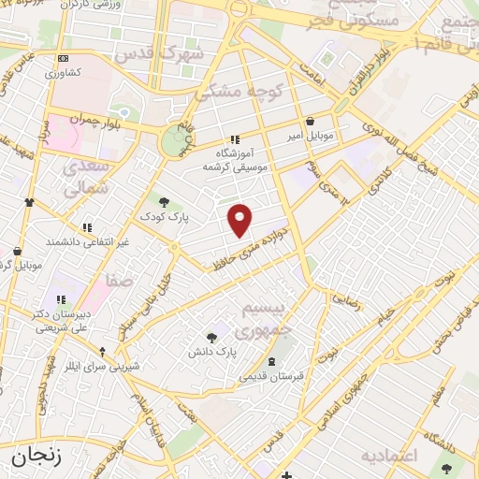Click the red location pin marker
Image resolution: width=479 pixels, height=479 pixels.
click(240, 220)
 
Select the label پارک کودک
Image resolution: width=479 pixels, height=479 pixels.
click(165, 216)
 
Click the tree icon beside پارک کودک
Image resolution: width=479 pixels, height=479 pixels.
click(165, 201)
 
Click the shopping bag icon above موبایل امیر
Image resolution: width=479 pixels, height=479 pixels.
click(311, 121)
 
